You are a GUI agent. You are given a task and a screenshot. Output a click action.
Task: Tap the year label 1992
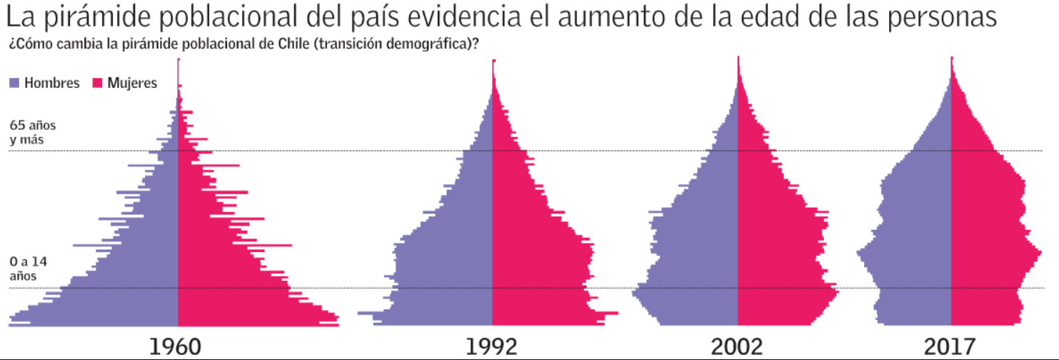point(491,347)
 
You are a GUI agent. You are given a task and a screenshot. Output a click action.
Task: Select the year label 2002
point(737,347)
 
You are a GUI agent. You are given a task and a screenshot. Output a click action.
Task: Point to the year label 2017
point(949,347)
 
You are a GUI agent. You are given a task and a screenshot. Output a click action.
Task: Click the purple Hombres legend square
point(14,83)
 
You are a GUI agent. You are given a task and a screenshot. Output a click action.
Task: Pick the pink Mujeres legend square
point(98,83)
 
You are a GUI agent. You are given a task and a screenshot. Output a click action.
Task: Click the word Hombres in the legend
point(51,83)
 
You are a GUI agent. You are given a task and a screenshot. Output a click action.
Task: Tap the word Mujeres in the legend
point(132,83)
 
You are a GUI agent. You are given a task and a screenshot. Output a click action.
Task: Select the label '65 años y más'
point(32,132)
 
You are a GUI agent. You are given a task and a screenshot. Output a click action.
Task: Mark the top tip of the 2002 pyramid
point(738,59)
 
